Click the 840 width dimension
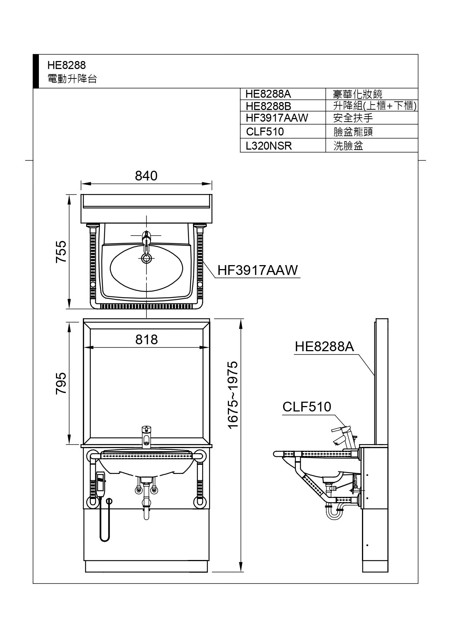pyautogui.click(x=146, y=176)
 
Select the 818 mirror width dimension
pyautogui.click(x=146, y=340)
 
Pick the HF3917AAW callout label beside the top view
pyautogui.click(x=258, y=270)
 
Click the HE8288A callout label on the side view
pyautogui.click(x=324, y=346)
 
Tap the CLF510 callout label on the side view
pyautogui.click(x=307, y=407)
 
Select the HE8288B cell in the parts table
pyautogui.click(x=269, y=106)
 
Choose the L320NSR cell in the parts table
pyautogui.click(x=269, y=146)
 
